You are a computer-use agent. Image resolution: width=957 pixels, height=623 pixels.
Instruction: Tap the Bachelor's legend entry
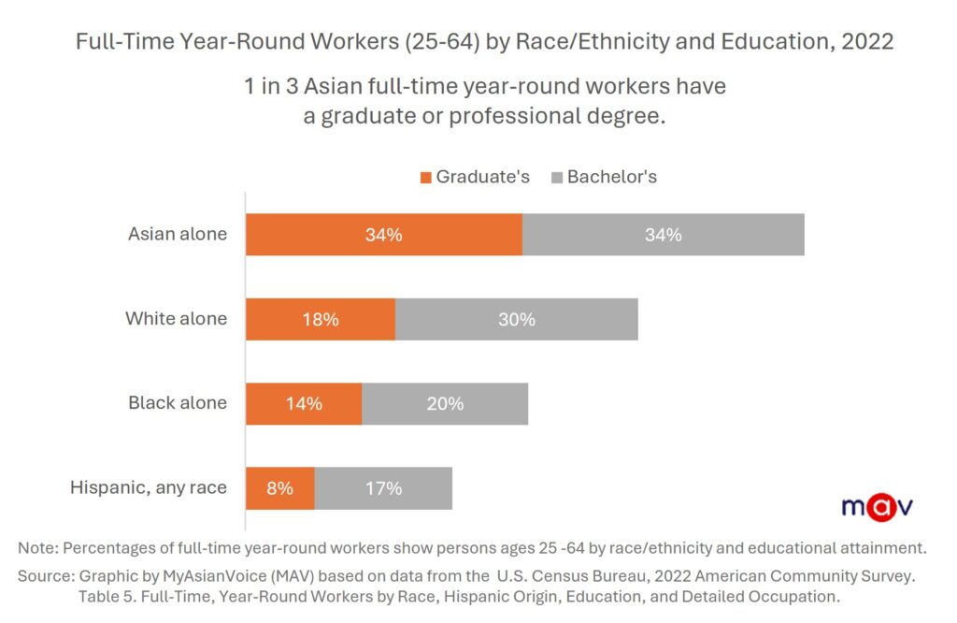(604, 177)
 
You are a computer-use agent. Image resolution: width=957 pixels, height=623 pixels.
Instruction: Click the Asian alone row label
(178, 234)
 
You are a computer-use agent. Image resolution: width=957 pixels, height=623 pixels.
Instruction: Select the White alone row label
(177, 319)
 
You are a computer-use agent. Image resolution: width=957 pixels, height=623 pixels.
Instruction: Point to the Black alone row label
(178, 403)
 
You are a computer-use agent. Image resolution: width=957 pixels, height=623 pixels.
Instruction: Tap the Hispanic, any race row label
(149, 487)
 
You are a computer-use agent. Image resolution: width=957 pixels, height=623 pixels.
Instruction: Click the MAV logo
(876, 506)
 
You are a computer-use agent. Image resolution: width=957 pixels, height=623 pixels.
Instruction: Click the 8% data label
(280, 488)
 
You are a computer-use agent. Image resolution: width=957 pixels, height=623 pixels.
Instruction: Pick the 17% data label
(383, 488)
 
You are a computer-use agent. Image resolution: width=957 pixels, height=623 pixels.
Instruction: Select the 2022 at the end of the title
(867, 42)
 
